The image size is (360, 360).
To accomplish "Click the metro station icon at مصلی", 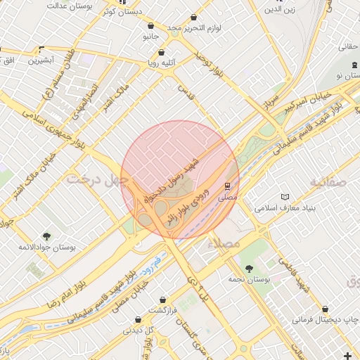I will pyautogui.click(x=227, y=186).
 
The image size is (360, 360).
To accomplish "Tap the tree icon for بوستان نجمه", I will pyautogui.click(x=249, y=268).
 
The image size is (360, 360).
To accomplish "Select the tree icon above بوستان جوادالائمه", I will pyautogui.click(x=47, y=236).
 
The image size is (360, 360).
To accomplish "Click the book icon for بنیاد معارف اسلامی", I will pyautogui.click(x=284, y=197).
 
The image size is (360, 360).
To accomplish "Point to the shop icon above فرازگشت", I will pyautogui.click(x=163, y=300).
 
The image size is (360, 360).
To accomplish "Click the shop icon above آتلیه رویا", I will pyautogui.click(x=162, y=52).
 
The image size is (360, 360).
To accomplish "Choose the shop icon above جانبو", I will pyautogui.click(x=150, y=25).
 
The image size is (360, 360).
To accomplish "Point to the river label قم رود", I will pyautogui.click(x=148, y=266).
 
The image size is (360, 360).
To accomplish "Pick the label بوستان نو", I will pyautogui.click(x=349, y=75).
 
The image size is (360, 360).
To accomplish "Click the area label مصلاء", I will pyautogui.click(x=224, y=242).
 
